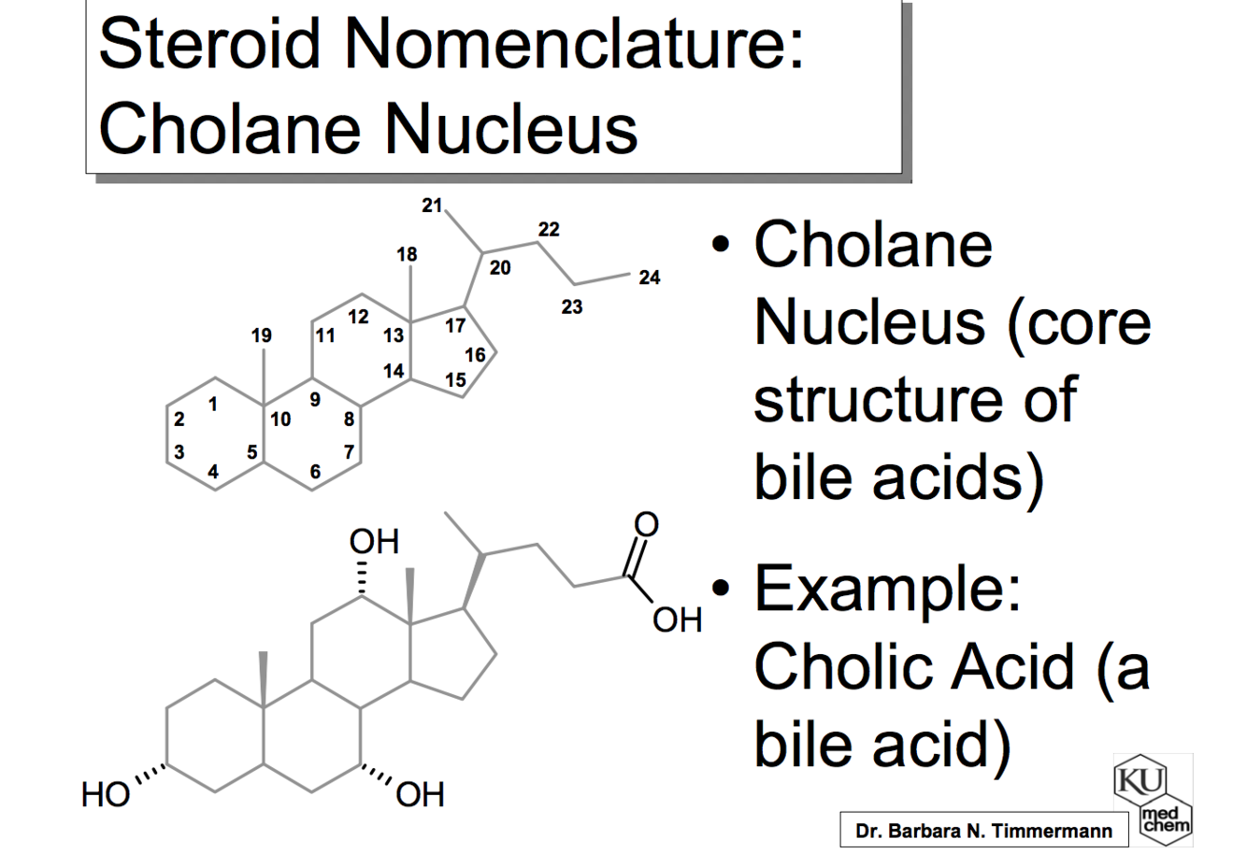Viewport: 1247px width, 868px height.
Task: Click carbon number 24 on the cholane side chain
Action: pos(649,277)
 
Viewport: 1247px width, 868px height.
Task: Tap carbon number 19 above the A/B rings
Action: pos(262,335)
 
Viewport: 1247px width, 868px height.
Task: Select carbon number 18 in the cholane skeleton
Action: pos(407,254)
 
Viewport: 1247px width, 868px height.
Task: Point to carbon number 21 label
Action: pos(431,206)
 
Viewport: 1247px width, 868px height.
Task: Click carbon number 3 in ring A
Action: pos(179,452)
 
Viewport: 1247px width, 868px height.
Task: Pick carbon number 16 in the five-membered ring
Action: pos(475,355)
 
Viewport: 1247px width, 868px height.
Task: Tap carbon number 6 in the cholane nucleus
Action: pos(315,472)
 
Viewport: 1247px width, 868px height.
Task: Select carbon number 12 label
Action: pos(358,317)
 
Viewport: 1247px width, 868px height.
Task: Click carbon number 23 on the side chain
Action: pos(571,307)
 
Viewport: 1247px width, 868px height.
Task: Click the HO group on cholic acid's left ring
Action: pos(105,795)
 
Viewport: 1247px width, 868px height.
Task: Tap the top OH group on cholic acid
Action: pos(374,541)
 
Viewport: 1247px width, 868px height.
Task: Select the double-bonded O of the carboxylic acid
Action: pos(646,524)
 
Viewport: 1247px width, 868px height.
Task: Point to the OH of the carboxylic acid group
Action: pos(677,619)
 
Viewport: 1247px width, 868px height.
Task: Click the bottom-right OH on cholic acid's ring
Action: pos(421,795)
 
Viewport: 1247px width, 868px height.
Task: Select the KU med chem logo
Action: pos(1152,800)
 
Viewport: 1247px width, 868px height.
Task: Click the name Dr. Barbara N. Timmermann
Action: pos(983,831)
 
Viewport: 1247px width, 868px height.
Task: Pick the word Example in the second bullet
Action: pos(887,589)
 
